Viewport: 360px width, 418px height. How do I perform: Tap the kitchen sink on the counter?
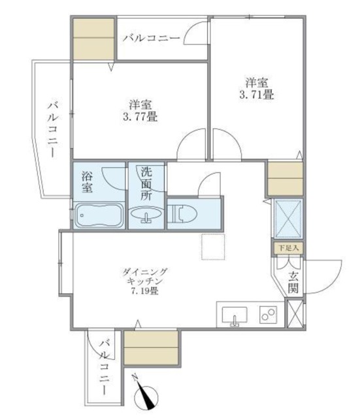[x=233, y=315]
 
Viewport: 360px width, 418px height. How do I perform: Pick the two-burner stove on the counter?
[x=268, y=315]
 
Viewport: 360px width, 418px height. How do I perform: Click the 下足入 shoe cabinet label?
[x=286, y=248]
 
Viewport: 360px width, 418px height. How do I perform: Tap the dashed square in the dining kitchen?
[x=213, y=248]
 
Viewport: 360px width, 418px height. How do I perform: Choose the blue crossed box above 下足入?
[x=286, y=219]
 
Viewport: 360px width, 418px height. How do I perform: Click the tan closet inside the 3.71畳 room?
[x=285, y=178]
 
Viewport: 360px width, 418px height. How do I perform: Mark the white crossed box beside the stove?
[x=295, y=313]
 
